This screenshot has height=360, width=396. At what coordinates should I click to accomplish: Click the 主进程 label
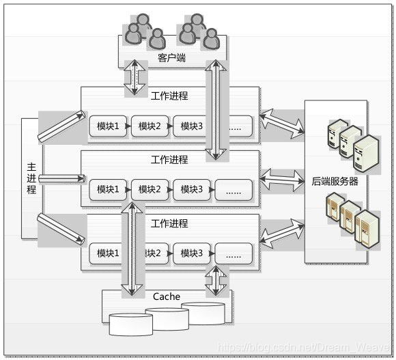coord(31,179)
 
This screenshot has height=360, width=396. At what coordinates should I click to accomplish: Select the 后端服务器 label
coord(335,181)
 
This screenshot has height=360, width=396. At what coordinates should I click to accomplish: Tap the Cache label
coord(166,296)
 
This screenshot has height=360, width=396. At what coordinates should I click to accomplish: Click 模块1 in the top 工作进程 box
coord(108,126)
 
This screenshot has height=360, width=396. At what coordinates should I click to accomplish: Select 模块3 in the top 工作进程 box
coord(191,126)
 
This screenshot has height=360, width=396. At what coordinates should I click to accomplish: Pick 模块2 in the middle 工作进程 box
coord(150,189)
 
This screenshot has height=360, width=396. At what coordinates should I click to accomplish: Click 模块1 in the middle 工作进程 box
coord(108,189)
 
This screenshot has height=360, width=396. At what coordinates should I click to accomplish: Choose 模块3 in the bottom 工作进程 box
coord(191,253)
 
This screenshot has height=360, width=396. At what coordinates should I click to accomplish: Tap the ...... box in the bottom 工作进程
coord(233,253)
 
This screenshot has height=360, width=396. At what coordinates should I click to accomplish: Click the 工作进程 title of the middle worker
coord(169,160)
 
